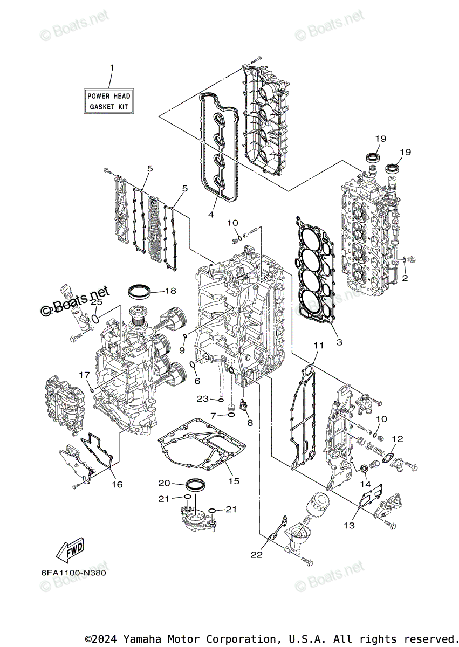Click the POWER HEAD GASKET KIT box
coord(109,101)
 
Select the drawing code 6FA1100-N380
coord(73,573)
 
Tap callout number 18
coord(170,291)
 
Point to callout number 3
coord(339,342)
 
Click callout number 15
coord(234,480)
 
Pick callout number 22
coord(256,554)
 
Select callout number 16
coord(117,484)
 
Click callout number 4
coord(211,214)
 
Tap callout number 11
coord(318,345)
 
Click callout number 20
coord(164,483)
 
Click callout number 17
coord(85,375)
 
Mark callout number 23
coord(203,399)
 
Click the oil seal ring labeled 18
coord(140,291)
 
